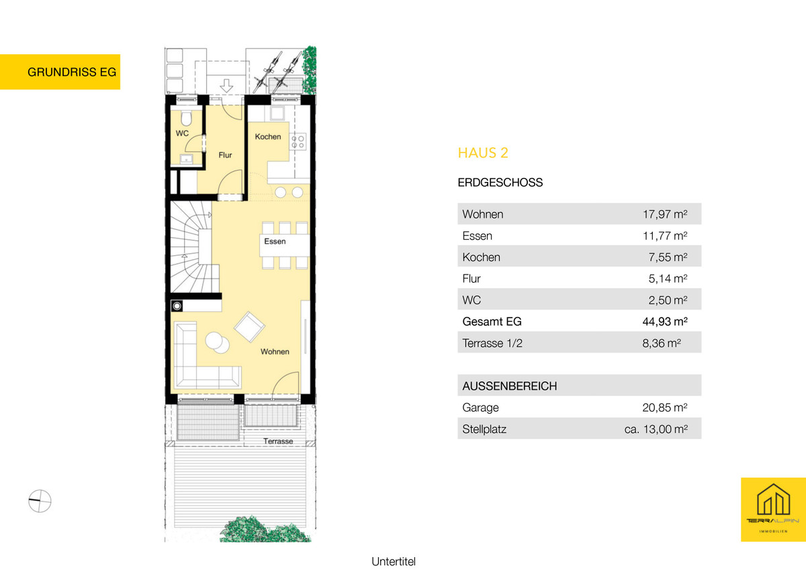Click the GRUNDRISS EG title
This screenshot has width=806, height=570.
pyautogui.click(x=72, y=72)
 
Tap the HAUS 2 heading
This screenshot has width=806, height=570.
pyautogui.click(x=483, y=153)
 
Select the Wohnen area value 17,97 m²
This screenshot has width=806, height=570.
pyautogui.click(x=665, y=214)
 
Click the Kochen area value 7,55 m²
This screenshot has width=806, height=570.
pyautogui.click(x=668, y=256)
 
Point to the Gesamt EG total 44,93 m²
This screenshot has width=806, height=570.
pyautogui.click(x=665, y=321)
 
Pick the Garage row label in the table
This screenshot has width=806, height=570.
pyautogui.click(x=480, y=408)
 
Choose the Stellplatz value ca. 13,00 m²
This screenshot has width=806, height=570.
pyautogui.click(x=656, y=429)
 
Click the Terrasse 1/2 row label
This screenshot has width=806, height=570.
pyautogui.click(x=492, y=343)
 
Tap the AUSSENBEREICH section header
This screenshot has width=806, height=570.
pyautogui.click(x=510, y=386)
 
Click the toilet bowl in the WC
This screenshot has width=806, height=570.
pyautogui.click(x=186, y=118)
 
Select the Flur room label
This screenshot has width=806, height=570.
pyautogui.click(x=225, y=155)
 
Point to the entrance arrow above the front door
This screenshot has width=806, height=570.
pyautogui.click(x=226, y=85)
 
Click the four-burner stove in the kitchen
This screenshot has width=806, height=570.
pyautogui.click(x=298, y=142)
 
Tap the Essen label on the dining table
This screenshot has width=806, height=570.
pyautogui.click(x=275, y=241)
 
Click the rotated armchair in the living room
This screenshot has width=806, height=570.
pyautogui.click(x=249, y=327)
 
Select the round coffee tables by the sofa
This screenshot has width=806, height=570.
pyautogui.click(x=218, y=342)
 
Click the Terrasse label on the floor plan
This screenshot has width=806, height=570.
pyautogui.click(x=278, y=441)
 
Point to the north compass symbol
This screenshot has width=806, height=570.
pyautogui.click(x=40, y=501)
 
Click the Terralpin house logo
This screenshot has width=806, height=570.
pyautogui.click(x=773, y=509)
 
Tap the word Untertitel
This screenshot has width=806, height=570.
pyautogui.click(x=394, y=561)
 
